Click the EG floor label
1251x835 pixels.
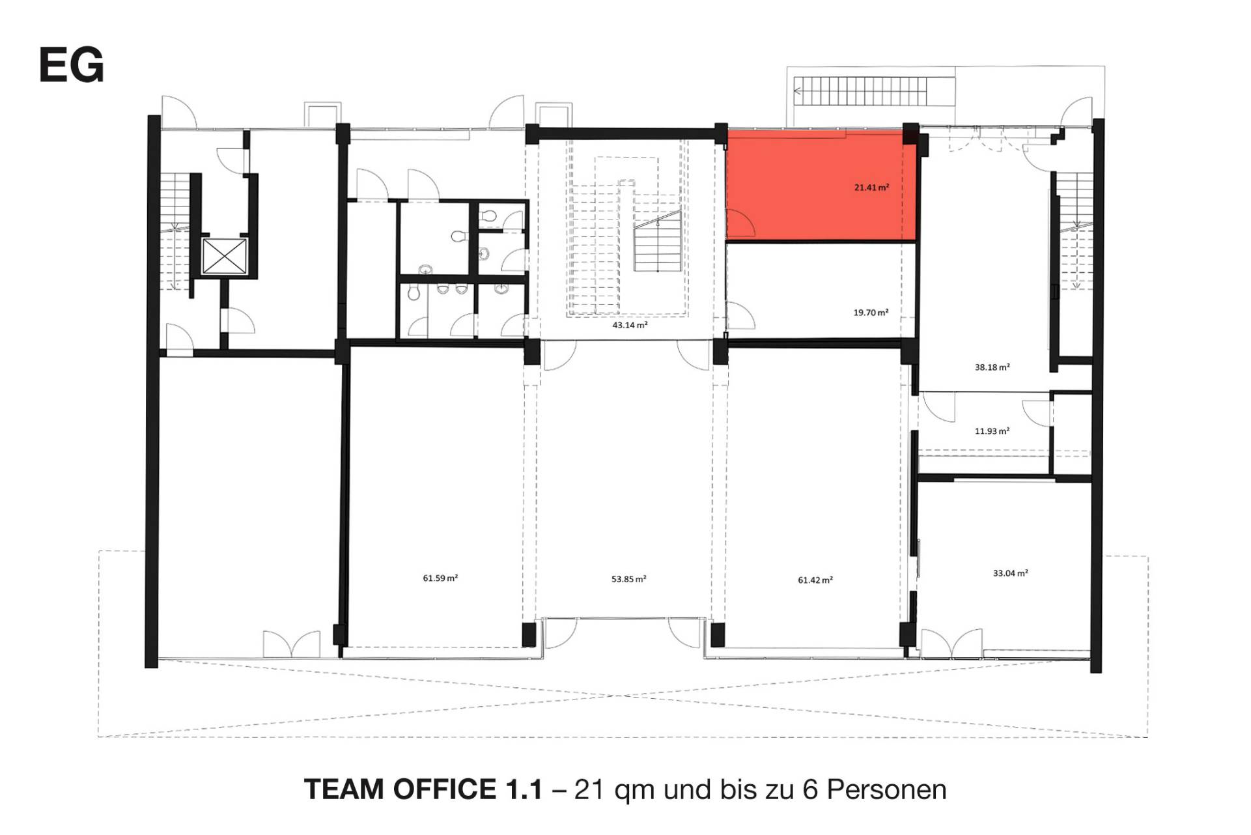72,65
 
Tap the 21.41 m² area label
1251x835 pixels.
871,188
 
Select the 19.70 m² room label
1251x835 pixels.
871,313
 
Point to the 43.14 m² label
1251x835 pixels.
630,325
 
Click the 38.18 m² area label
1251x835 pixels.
992,367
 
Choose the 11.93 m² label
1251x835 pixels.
992,431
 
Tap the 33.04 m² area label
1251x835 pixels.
1010,574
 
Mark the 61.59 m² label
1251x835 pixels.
440,578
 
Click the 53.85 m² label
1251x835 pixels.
628,579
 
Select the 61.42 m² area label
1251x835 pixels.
815,580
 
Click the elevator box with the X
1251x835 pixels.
225,256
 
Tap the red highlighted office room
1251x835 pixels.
821,186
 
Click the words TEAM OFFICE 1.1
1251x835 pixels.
423,789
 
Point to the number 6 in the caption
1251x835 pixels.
811,789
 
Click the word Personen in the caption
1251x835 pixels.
887,789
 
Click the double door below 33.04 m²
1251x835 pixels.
951,644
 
